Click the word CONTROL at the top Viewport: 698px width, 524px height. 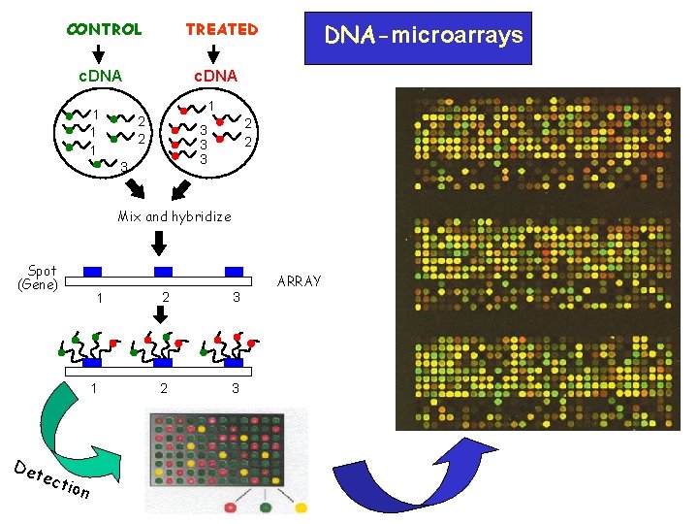coord(104,29)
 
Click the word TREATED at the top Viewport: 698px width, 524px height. coord(222,29)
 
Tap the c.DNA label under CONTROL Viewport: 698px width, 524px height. coord(100,75)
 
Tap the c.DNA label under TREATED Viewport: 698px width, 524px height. coord(215,75)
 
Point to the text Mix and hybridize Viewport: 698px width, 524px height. coord(174,216)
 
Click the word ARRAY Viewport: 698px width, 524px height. coord(300,281)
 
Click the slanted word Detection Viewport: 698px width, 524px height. coord(52,478)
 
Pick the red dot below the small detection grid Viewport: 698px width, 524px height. coord(231,507)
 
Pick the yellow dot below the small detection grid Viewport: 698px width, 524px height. coord(300,507)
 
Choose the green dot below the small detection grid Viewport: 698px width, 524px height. coord(265,507)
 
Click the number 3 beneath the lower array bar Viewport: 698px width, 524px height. coord(235,388)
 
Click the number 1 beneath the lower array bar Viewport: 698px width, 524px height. coord(93,388)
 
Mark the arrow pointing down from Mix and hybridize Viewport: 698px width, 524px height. coord(156,240)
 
